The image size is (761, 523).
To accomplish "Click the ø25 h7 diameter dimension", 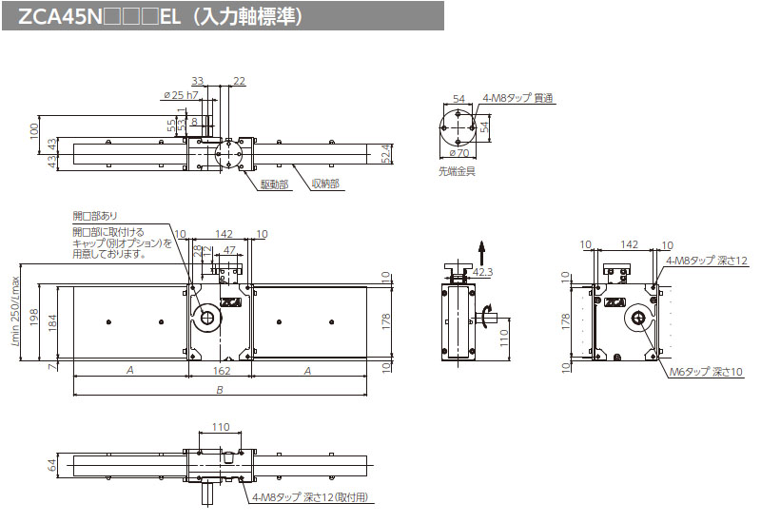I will (x=180, y=95).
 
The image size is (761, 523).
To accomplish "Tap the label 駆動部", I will (x=274, y=184).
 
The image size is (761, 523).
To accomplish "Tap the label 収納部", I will (x=325, y=184).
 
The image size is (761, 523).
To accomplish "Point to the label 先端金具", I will (x=457, y=171).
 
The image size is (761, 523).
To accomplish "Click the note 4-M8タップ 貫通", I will (x=517, y=98).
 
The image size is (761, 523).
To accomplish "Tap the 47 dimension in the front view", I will (x=228, y=248).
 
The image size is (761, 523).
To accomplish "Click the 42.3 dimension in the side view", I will (x=484, y=273).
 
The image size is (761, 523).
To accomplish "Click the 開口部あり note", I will (x=95, y=216).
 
